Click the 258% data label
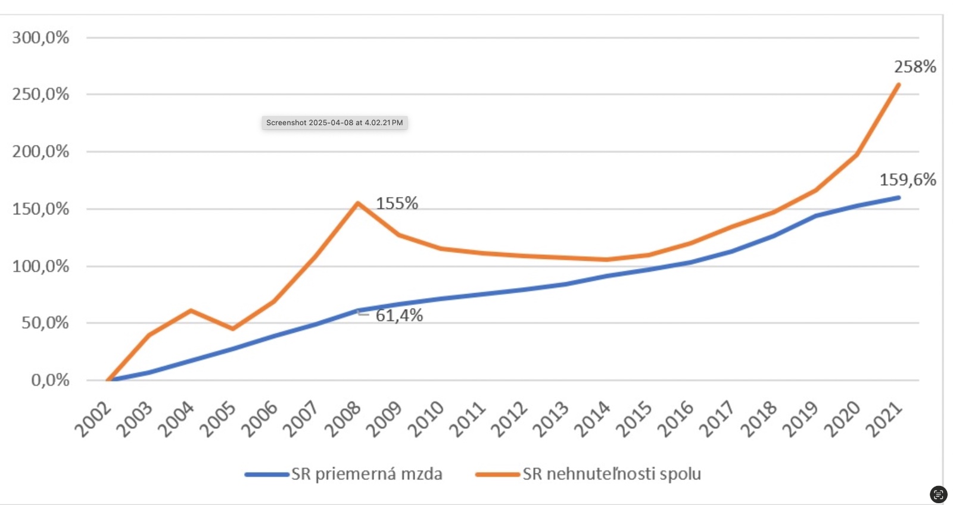915,67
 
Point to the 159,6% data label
908,179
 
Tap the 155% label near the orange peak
397,204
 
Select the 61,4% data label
399,315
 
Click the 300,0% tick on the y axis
41,38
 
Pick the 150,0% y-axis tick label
41,209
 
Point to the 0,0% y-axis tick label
50,380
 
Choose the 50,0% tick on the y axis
45,323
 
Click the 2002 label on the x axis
94,419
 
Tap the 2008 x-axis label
344,419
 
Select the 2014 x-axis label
593,419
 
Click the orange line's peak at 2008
357,203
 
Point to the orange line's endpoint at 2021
898,85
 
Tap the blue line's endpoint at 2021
898,197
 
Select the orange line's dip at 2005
232,329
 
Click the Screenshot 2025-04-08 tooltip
335,123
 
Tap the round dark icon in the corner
938,494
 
